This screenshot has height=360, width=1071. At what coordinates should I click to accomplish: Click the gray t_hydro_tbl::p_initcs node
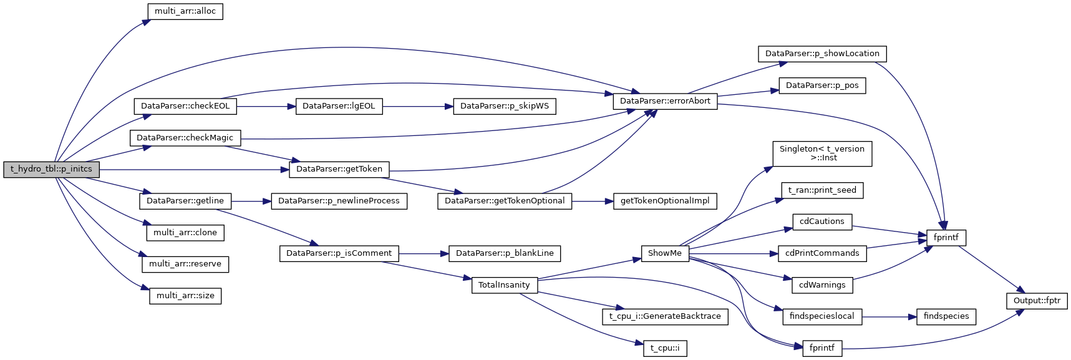51,169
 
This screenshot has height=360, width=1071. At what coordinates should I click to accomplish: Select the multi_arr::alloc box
185,11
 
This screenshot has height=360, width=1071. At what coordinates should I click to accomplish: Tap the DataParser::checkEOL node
185,106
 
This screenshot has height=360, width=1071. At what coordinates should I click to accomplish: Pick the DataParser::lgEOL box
339,106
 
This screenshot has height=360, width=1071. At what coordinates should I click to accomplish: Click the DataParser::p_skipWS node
505,106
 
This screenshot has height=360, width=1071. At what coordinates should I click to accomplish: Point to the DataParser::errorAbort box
665,101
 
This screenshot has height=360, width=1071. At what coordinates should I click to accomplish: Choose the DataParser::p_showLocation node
822,54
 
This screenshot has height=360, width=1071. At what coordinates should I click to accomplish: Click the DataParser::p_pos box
822,85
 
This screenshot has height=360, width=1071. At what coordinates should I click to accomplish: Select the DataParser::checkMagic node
185,138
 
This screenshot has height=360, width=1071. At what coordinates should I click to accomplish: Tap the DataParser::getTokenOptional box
505,201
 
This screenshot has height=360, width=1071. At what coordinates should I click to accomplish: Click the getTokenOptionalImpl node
665,201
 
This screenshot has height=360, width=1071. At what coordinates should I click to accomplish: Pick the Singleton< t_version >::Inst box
822,153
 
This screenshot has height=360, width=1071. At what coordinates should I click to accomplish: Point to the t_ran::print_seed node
822,190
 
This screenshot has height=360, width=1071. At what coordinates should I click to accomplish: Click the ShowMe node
665,253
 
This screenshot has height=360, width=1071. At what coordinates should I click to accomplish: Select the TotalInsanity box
504,285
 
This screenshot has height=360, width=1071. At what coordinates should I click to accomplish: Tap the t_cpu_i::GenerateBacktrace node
665,316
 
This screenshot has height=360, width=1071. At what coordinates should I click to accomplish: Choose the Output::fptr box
1037,301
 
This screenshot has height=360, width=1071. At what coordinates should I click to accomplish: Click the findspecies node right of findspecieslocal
946,316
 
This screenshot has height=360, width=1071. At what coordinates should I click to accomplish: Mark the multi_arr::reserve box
185,264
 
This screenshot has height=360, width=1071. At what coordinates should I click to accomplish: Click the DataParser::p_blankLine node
505,253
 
